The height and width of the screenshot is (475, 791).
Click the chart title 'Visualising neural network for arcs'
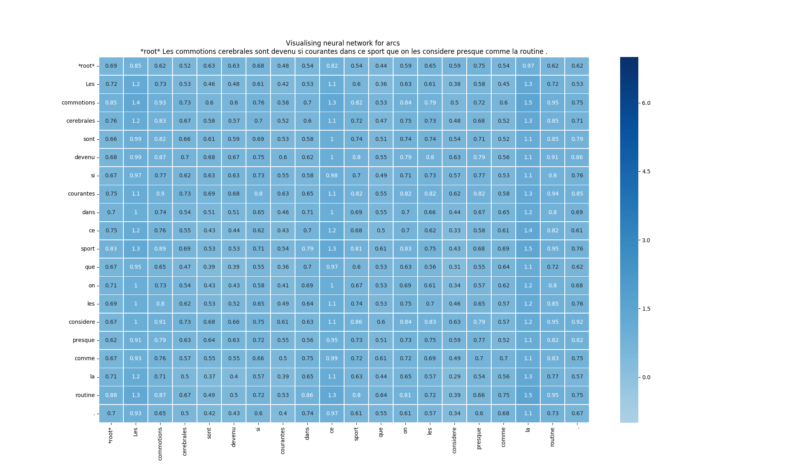pos(343,43)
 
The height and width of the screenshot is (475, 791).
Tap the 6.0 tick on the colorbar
pos(646,103)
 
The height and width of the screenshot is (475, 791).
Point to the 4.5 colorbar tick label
pos(646,171)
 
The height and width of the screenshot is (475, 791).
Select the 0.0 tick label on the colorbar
pos(646,377)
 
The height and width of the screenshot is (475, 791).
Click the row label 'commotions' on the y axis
pos(78,103)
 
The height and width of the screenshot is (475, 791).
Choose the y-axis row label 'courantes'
pos(81,194)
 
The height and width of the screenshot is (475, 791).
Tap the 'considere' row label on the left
pos(81,322)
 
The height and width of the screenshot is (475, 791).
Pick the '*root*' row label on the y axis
pos(87,66)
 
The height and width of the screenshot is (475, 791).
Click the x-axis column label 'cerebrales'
pos(185,441)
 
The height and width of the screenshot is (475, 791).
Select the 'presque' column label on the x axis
pos(479,438)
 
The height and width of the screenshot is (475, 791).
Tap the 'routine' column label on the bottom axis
pos(553,437)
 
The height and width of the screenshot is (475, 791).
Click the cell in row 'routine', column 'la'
pos(528,395)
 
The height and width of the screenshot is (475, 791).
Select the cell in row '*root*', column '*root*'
pos(111,66)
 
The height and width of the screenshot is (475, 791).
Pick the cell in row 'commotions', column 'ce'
pos(332,103)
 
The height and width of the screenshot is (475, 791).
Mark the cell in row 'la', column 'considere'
pos(454,376)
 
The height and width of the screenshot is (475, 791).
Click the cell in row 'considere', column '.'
pos(577,322)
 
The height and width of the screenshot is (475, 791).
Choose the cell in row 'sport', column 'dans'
pos(307,249)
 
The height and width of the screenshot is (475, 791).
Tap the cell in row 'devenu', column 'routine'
pos(553,157)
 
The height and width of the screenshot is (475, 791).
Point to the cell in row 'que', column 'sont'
pos(209,267)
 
